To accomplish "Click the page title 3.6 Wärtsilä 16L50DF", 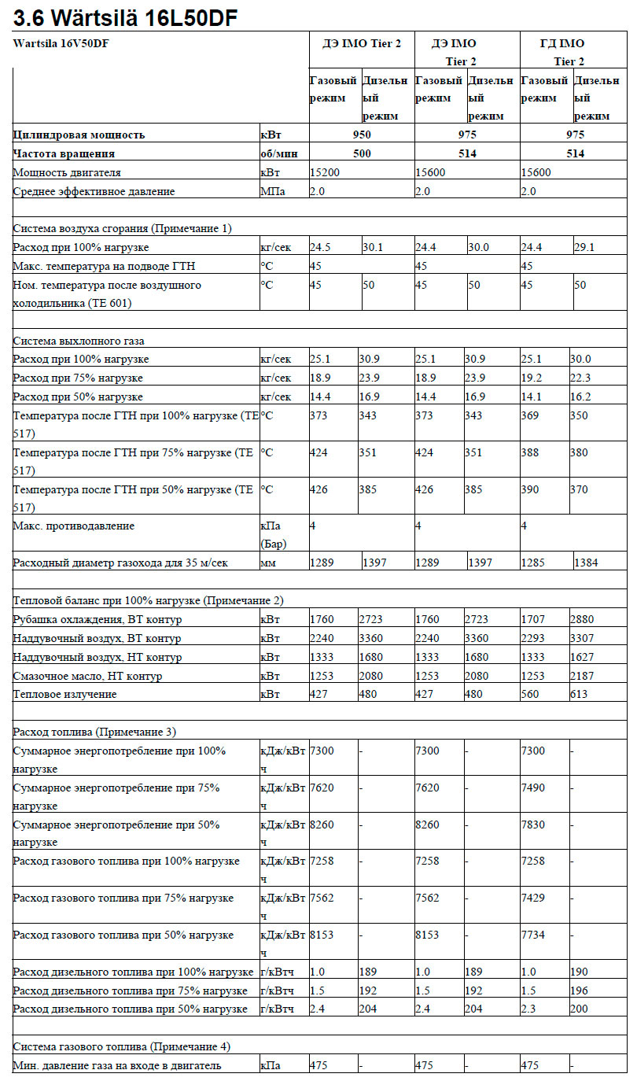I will (126, 17).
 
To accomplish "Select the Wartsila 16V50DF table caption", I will (61, 43).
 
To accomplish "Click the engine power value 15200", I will (325, 172).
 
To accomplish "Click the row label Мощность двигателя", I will (67, 172).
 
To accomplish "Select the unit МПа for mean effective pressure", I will (273, 191).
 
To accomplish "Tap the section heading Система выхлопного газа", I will (79, 341).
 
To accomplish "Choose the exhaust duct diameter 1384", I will (587, 563).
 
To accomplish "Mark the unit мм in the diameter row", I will (269, 563).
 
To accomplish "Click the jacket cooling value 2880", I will (584, 619).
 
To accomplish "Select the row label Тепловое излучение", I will (64, 694).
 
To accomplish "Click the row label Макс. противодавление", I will (74, 526).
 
